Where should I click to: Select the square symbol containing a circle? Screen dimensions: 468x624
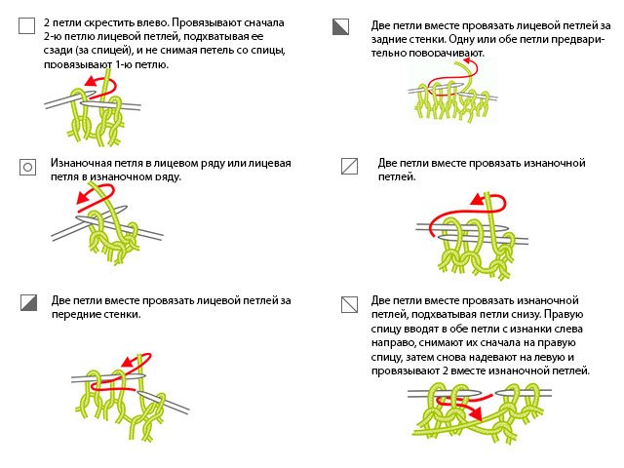[x=27, y=167]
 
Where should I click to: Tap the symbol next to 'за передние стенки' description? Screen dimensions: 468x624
[x=27, y=303]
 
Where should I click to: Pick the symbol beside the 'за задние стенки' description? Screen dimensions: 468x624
[x=340, y=26]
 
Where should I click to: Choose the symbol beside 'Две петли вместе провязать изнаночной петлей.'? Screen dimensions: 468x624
[x=348, y=166]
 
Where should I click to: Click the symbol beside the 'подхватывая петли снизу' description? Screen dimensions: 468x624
[x=348, y=303]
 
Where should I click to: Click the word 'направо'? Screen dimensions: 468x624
[x=397, y=344]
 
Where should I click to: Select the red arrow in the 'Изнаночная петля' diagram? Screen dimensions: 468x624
[x=90, y=196]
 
